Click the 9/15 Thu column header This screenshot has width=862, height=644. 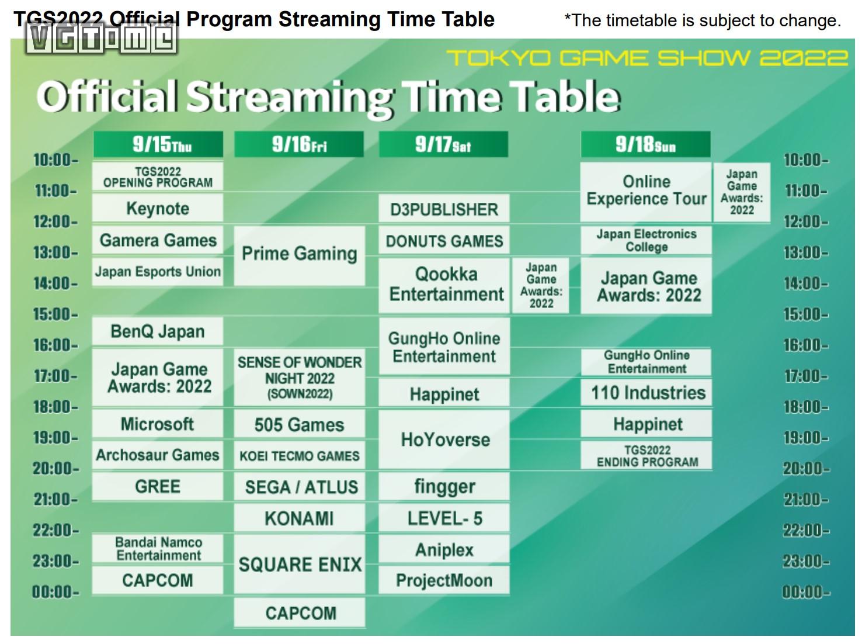tap(158, 144)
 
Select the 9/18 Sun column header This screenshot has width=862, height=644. tap(645, 144)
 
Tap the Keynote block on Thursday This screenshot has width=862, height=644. tap(158, 208)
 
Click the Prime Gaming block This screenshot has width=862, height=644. tap(299, 255)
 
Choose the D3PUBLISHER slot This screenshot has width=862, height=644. tap(444, 209)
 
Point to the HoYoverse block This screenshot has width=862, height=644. tap(444, 439)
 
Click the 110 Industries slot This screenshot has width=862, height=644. tap(646, 393)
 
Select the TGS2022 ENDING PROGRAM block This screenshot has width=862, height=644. tap(646, 455)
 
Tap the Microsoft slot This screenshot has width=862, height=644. tap(158, 424)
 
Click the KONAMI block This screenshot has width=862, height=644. tap(299, 518)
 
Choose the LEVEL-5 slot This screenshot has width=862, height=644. tap(444, 518)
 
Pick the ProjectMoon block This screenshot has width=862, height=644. tap(444, 580)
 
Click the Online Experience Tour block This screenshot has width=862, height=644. tap(645, 192)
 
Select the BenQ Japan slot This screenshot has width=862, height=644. tap(158, 331)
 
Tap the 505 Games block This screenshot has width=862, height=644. tap(299, 424)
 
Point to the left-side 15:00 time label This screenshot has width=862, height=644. tap(55, 314)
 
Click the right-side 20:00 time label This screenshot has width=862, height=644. tap(807, 468)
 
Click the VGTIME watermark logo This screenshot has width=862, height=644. tap(101, 39)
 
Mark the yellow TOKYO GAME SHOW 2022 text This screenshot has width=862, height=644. tap(647, 58)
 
